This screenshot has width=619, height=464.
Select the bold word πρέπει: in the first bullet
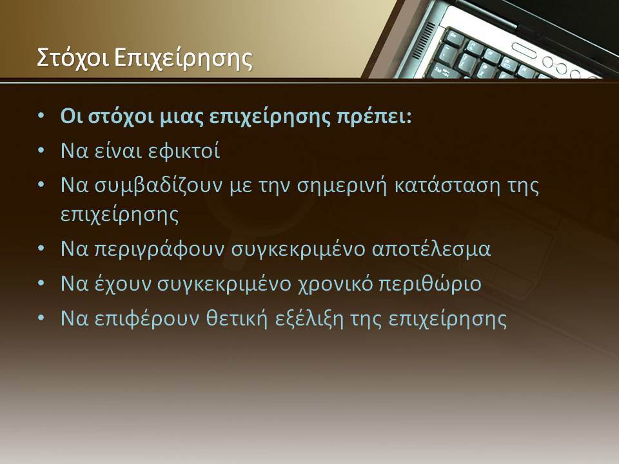coord(374,117)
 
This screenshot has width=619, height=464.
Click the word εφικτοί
coord(184,151)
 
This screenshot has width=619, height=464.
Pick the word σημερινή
coord(342,186)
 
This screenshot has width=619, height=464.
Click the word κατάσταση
coord(447,185)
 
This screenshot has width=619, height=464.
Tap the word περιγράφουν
coord(159,249)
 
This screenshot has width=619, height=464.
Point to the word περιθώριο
coord(430,284)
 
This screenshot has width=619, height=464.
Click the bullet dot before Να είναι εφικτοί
coord(41,151)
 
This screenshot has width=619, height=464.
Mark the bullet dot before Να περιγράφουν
coord(41,249)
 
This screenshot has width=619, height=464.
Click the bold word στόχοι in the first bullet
coord(121,117)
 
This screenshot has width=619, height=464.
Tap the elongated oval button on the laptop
coord(524,51)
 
